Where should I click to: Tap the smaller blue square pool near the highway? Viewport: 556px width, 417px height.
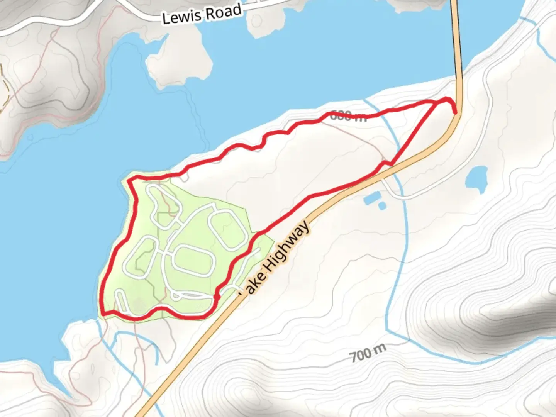382,206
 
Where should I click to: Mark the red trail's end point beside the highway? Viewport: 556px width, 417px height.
456,112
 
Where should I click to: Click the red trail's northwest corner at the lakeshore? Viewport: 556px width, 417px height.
129,180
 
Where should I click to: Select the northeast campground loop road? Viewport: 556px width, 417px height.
227,231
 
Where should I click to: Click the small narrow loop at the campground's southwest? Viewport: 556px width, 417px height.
122,301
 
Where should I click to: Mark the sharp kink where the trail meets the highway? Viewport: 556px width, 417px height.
391,164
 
